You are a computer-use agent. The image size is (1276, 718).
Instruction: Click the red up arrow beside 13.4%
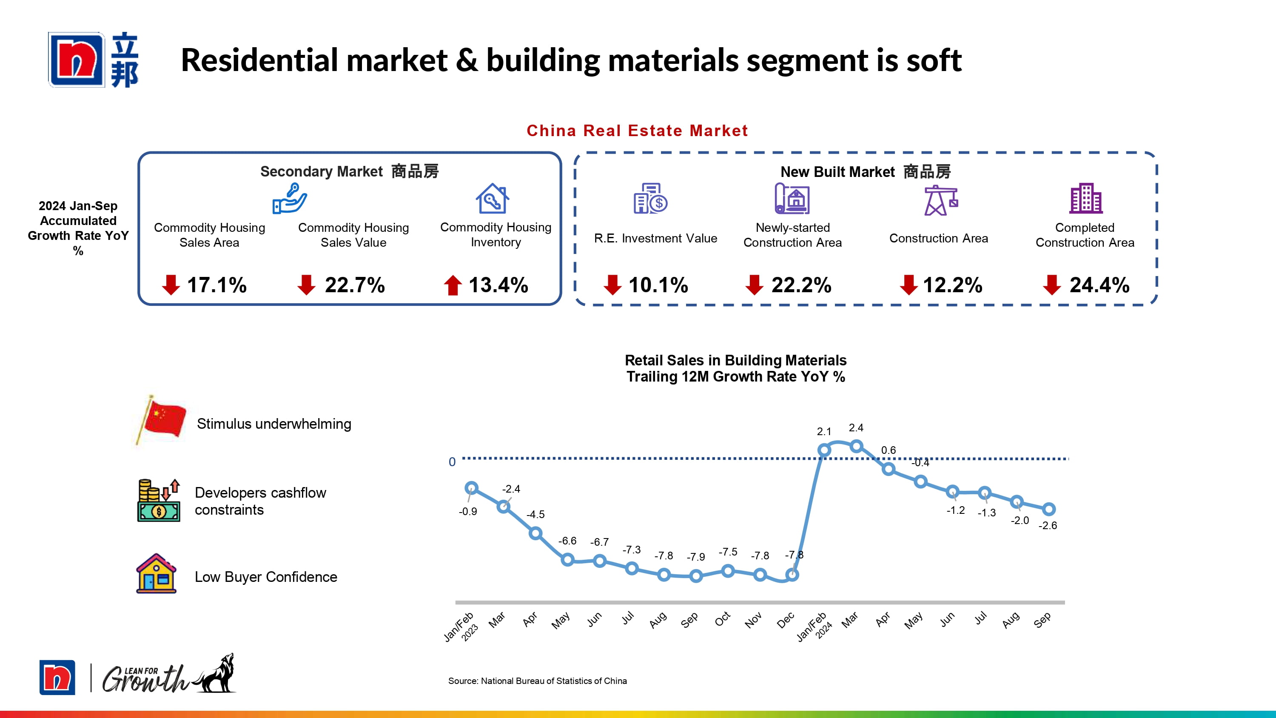pyautogui.click(x=452, y=285)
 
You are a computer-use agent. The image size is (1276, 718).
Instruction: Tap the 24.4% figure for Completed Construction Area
pyautogui.click(x=1099, y=285)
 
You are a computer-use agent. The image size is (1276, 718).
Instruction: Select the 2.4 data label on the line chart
pyautogui.click(x=855, y=427)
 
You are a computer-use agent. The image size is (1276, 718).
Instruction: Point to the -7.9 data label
pyautogui.click(x=695, y=557)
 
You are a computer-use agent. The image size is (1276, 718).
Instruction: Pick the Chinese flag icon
pyautogui.click(x=162, y=420)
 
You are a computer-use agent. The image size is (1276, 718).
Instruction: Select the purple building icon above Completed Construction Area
pyautogui.click(x=1085, y=198)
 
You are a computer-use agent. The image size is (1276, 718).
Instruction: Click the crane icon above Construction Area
pyautogui.click(x=940, y=200)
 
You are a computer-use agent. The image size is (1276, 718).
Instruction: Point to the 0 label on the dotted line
pyautogui.click(x=452, y=462)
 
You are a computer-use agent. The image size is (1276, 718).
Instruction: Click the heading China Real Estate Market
pyautogui.click(x=637, y=131)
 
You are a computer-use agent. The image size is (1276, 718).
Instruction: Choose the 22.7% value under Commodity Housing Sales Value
pyautogui.click(x=355, y=285)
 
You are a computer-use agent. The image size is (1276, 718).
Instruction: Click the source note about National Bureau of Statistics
pyautogui.click(x=538, y=681)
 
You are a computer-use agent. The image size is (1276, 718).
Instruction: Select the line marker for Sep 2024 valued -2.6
pyautogui.click(x=1048, y=509)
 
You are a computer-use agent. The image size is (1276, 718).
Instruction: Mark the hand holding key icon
pyautogui.click(x=290, y=198)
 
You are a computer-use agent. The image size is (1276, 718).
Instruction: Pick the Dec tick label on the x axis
pyautogui.click(x=786, y=620)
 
